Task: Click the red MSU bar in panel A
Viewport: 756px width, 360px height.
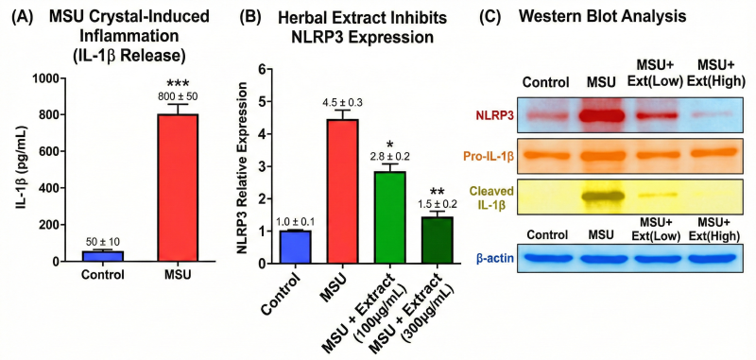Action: coord(178,188)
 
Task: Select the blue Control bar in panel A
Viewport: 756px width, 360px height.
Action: coord(103,256)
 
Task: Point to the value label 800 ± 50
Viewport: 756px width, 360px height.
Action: coord(178,96)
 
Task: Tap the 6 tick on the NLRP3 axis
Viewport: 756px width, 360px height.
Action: coord(262,69)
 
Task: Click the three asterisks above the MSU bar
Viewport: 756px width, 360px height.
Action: coord(178,83)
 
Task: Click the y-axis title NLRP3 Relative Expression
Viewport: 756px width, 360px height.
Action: coord(243,167)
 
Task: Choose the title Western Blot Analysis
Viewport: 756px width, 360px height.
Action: coord(602,17)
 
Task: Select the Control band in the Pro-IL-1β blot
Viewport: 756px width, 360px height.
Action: coord(545,156)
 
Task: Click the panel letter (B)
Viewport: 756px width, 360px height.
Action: coord(249,17)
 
